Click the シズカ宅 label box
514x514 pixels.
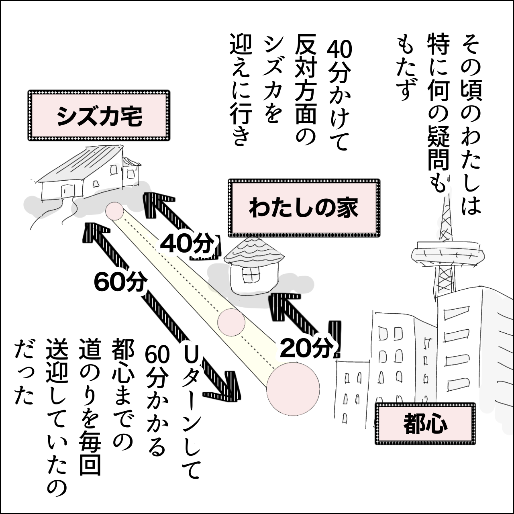99,116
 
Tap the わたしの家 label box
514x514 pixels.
304,208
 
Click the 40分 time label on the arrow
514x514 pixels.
186,244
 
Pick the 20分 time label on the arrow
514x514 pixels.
305,348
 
